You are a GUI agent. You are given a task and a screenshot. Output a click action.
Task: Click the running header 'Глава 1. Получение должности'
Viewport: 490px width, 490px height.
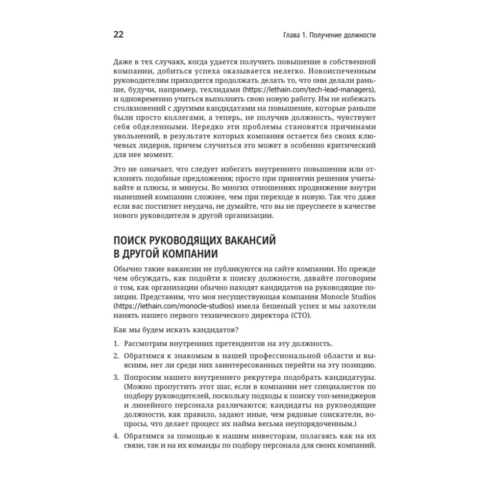325,35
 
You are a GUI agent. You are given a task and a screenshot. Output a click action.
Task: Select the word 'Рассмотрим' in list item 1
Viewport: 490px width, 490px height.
146,343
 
